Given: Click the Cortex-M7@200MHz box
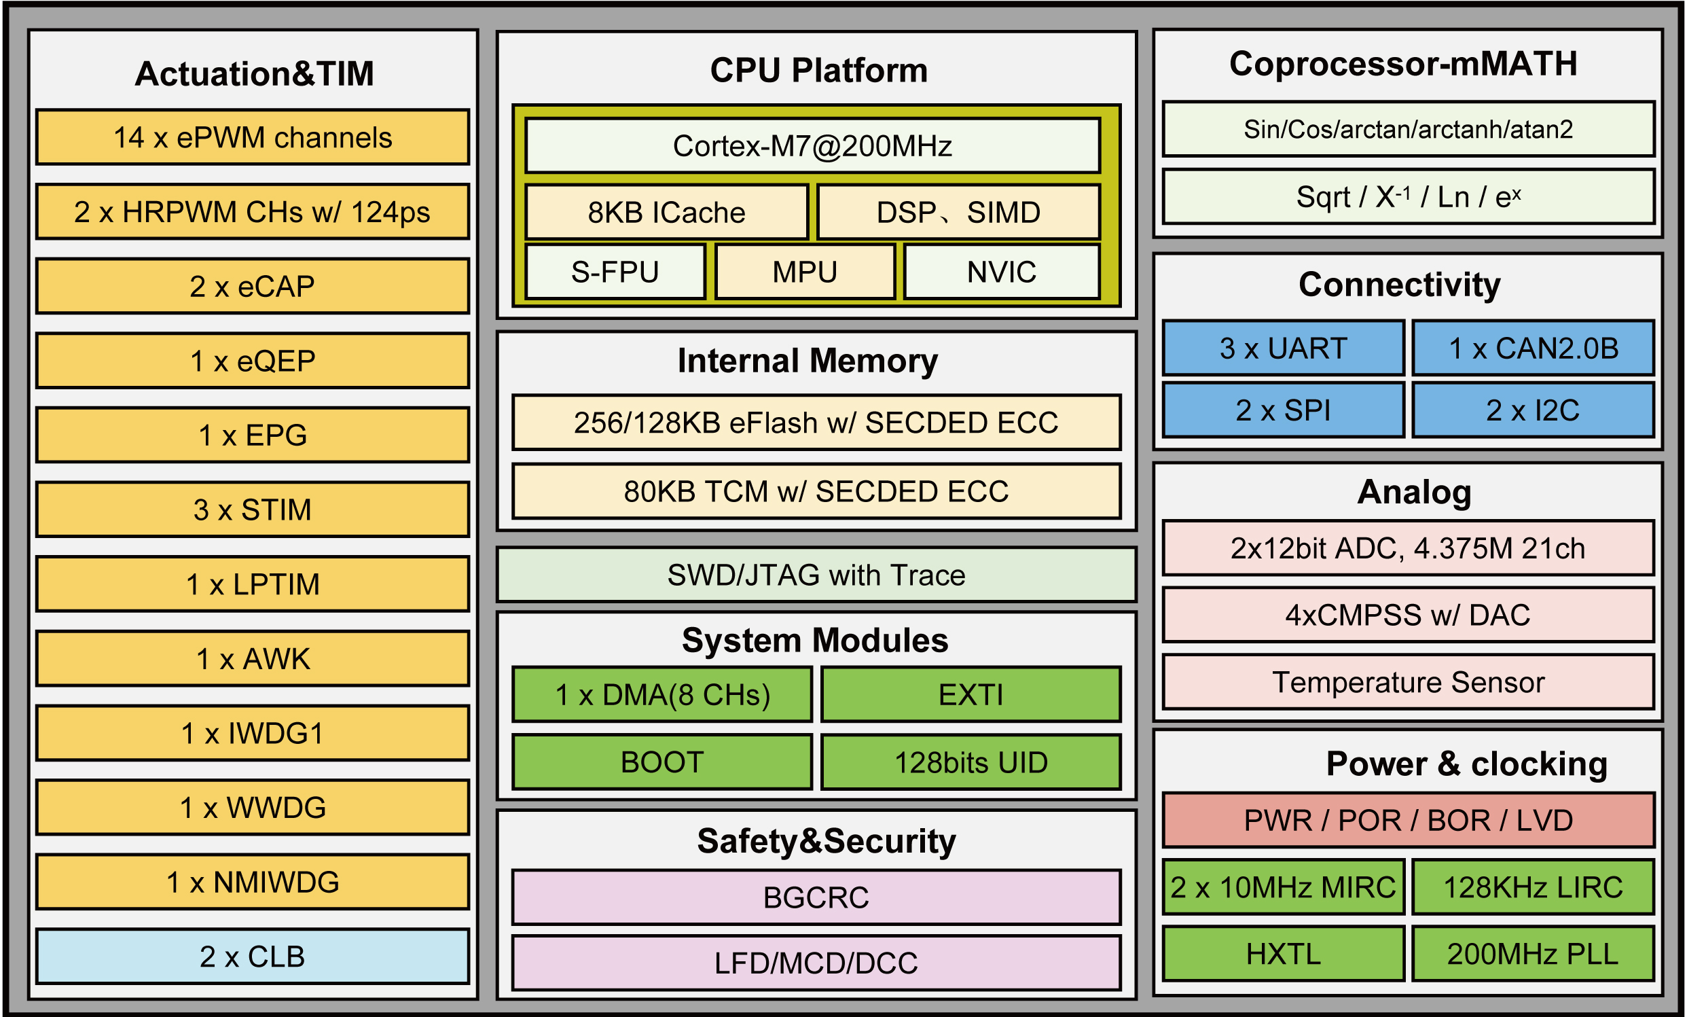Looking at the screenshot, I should tap(812, 146).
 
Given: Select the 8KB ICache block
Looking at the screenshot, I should tap(666, 213).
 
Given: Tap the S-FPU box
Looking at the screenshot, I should tap(615, 272).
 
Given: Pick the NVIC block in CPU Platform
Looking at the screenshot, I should tap(1001, 272).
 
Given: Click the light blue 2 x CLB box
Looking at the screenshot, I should tap(252, 956).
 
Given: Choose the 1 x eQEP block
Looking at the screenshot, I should tap(252, 360).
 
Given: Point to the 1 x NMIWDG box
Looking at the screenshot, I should tap(252, 881).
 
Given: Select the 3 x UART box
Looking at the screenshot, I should tap(1283, 348).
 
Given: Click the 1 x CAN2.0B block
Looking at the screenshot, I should tap(1533, 348).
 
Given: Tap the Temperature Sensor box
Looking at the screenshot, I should tap(1408, 682).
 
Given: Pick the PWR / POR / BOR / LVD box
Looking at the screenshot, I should tap(1408, 820).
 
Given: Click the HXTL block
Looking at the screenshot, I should tap(1283, 953).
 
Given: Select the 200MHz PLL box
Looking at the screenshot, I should tap(1533, 953).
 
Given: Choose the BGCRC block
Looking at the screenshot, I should tap(816, 897).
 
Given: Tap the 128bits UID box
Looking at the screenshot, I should tap(971, 762).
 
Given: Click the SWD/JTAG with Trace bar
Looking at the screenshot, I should tap(816, 575).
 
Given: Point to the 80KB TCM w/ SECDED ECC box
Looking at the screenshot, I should tap(816, 491).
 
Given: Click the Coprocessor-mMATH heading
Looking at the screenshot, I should tap(1403, 64).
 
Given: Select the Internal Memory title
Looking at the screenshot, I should tap(808, 361).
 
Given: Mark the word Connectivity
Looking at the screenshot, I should tap(1400, 284).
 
